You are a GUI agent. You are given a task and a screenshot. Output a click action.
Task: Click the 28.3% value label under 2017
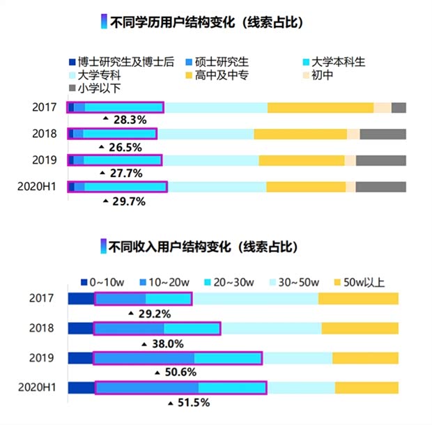click(x=129, y=120)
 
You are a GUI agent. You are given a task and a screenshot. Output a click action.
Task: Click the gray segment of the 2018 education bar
click(x=383, y=134)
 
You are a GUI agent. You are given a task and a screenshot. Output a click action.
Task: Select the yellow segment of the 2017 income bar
click(x=358, y=299)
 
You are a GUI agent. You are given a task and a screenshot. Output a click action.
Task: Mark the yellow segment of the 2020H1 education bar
click(x=306, y=187)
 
